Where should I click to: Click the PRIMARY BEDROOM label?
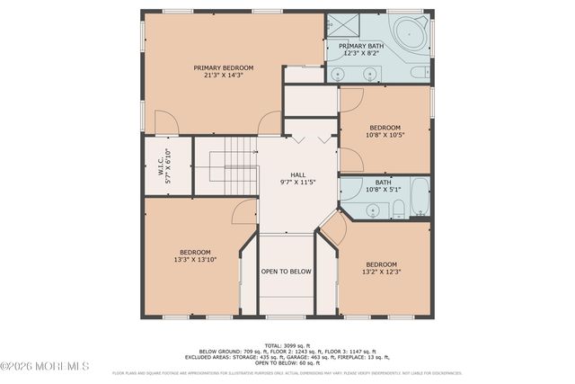point(224,71)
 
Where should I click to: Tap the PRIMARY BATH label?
point(362,50)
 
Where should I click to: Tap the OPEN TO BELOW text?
point(286,272)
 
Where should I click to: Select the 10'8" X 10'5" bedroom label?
point(385,131)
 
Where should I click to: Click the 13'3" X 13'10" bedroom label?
point(195,255)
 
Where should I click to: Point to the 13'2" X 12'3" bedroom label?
point(380,268)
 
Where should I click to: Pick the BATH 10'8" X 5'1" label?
point(383,185)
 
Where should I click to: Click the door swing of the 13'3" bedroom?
point(243,213)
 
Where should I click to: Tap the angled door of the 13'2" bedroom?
point(333,228)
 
